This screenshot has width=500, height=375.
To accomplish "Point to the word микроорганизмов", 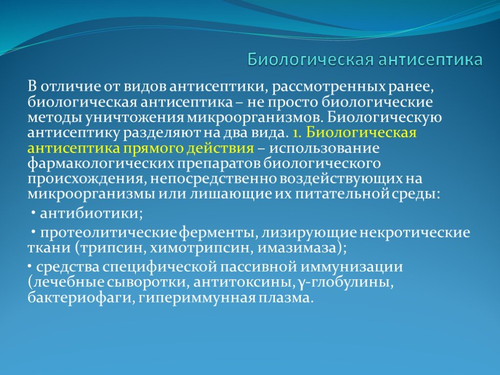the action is [x=253, y=118].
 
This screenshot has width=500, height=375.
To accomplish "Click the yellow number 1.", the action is [x=296, y=133].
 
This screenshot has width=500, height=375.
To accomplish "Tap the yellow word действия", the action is [x=221, y=148].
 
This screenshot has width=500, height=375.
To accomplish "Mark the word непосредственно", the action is [x=213, y=179].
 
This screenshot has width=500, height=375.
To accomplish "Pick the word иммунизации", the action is [x=351, y=267].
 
